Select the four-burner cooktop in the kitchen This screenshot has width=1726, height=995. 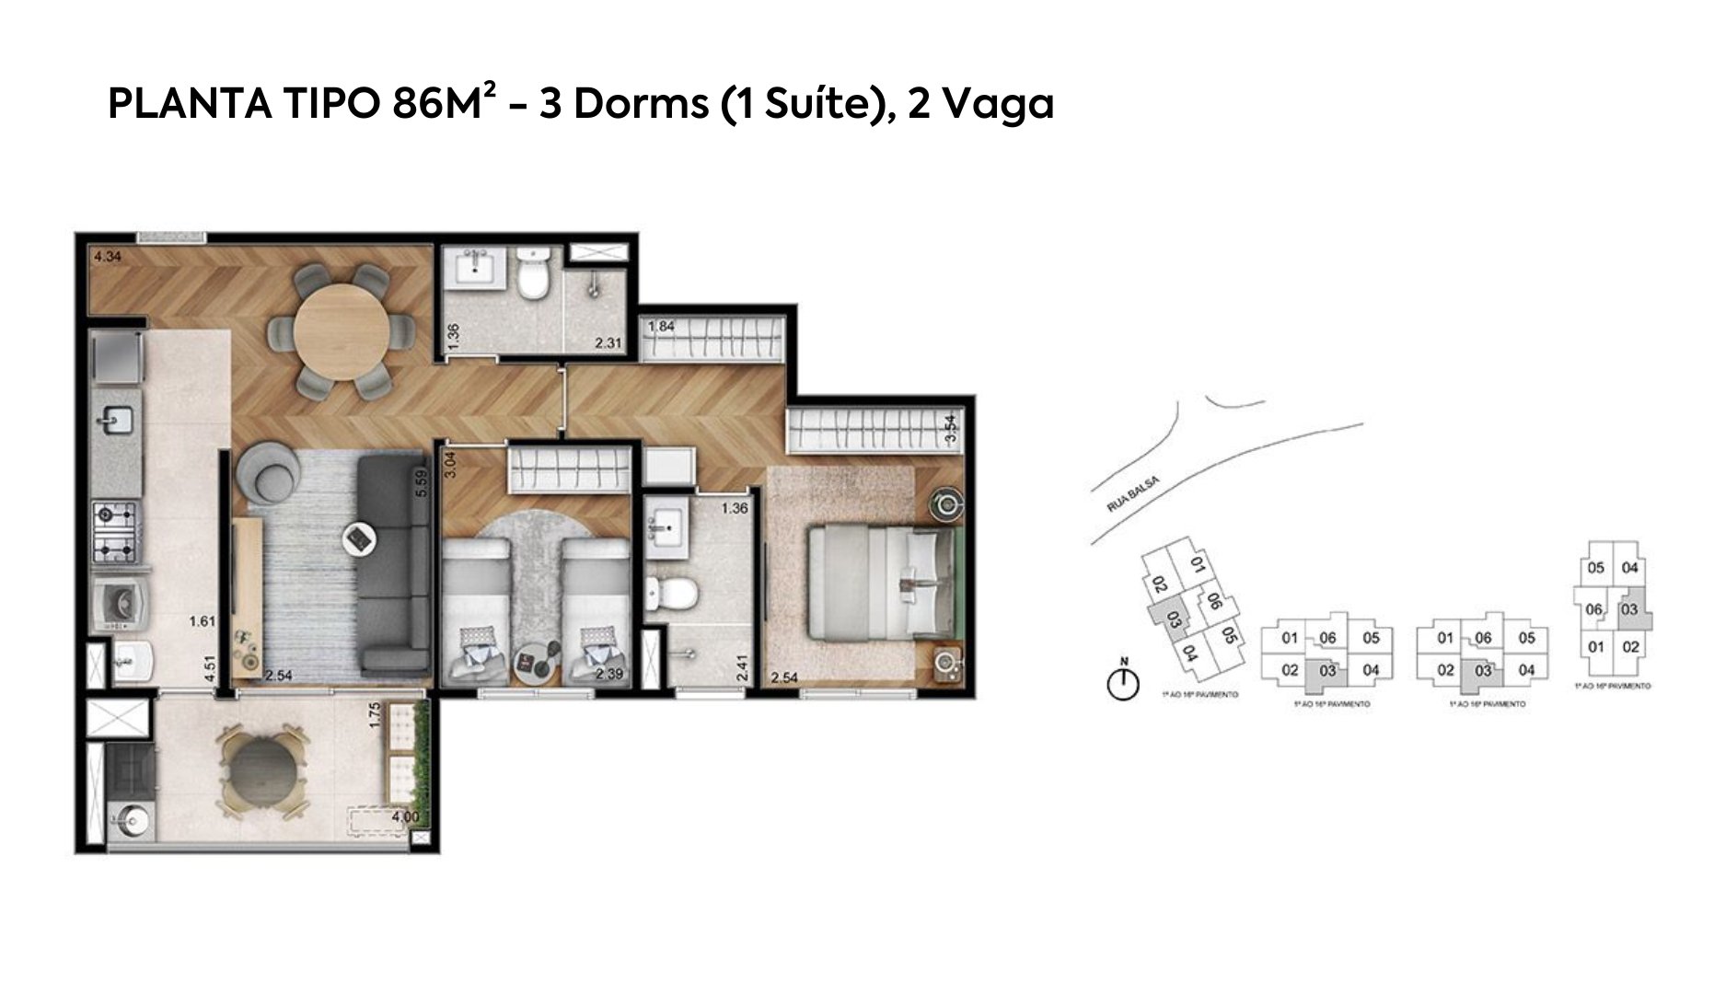115,533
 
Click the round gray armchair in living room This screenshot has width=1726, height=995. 267,471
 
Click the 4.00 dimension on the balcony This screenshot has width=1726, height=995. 405,816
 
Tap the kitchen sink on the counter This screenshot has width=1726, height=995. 117,421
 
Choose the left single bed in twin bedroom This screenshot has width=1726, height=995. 475,610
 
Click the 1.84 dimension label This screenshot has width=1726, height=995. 662,328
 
